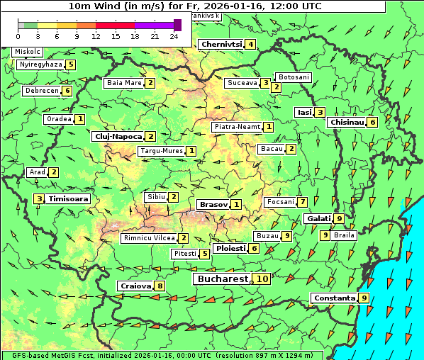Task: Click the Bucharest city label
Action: (x=222, y=279)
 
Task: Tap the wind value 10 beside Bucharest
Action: (x=262, y=279)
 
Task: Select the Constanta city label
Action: (x=334, y=298)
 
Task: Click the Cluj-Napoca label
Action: (x=117, y=136)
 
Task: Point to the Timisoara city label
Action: (x=68, y=199)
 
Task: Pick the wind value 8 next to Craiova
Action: (x=160, y=286)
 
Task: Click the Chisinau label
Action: (x=347, y=122)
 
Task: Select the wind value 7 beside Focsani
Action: (x=302, y=202)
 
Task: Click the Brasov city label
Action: (x=213, y=204)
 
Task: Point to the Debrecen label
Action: (x=41, y=91)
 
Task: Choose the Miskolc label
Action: (x=28, y=52)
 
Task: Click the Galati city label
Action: (x=318, y=218)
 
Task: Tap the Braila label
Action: (x=344, y=235)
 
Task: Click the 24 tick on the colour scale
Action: (x=173, y=36)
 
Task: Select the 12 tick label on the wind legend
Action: (x=96, y=36)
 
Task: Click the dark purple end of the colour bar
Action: (x=177, y=25)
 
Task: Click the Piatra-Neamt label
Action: (x=237, y=127)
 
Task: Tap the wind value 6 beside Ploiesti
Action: (x=254, y=249)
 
